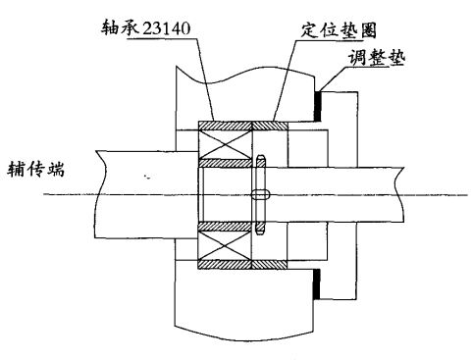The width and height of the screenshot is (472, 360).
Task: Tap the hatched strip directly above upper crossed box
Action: coord(226,126)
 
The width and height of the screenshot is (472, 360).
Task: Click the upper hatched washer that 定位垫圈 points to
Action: coord(271,126)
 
